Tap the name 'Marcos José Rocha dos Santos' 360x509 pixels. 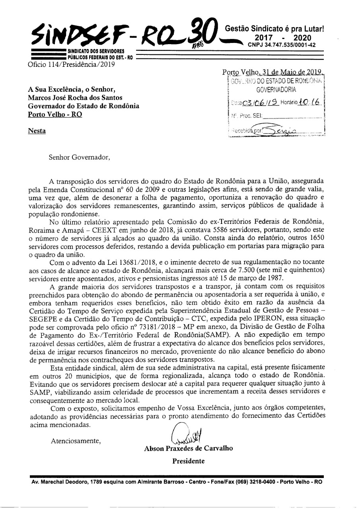[75, 97]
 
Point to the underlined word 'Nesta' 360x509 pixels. [37, 130]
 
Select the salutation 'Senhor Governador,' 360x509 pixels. [79, 157]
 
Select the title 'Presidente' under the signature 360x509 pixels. [188, 461]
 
